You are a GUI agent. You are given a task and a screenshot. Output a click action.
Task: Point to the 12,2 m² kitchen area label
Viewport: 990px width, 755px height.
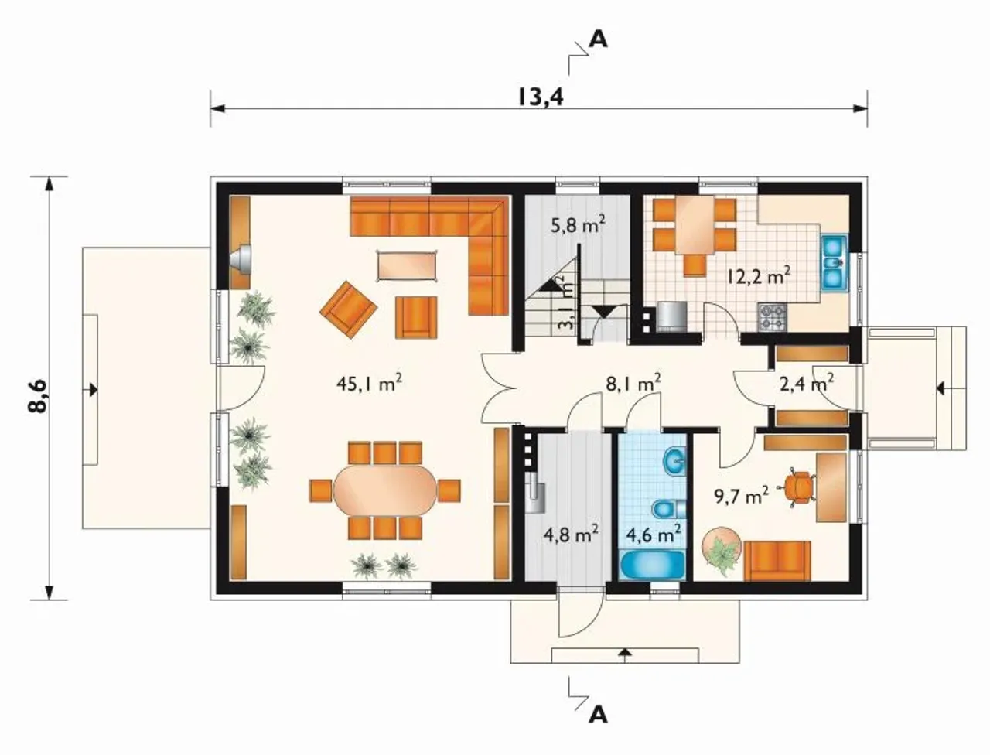(x=759, y=275)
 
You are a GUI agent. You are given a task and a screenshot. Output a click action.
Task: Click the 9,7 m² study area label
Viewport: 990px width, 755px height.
(x=742, y=497)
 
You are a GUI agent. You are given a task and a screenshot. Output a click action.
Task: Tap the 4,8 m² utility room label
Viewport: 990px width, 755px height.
(x=572, y=535)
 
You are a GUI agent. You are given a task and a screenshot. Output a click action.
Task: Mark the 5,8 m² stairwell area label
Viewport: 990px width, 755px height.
(x=578, y=224)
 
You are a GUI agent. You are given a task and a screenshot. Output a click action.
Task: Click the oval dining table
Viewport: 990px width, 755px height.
(x=385, y=490)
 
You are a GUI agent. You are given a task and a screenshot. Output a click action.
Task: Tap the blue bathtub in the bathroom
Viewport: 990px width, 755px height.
(x=653, y=564)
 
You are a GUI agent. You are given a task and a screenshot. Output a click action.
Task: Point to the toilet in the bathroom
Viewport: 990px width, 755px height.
(x=669, y=509)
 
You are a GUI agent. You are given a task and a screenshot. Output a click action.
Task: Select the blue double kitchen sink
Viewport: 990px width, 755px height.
(x=835, y=262)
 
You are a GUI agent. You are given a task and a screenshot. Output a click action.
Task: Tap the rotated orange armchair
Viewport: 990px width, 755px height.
(x=348, y=309)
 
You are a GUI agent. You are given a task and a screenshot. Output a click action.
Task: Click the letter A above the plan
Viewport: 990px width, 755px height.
(x=599, y=39)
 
